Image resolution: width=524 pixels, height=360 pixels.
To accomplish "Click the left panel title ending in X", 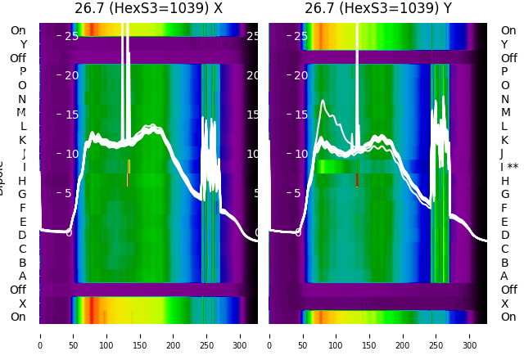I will coord(148,9).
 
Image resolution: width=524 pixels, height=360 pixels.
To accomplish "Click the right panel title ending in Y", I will coord(378,9).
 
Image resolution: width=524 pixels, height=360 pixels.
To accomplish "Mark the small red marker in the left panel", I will coord(128,179).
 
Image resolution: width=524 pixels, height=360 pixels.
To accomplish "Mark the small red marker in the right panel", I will coord(357,179).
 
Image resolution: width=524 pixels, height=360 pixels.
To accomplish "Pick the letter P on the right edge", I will coord(505,71).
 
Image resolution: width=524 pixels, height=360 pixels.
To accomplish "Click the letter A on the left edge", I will coord(22,276).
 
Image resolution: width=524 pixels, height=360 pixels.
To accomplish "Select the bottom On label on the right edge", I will coord(508,317).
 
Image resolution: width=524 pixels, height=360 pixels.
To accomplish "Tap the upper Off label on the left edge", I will coord(18,58).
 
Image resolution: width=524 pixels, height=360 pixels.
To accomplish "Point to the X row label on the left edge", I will coord(23,304).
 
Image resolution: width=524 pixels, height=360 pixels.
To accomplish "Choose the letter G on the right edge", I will coord(505,194).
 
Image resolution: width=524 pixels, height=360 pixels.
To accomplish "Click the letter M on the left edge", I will coord(22,112).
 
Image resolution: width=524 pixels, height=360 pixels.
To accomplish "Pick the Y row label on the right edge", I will coord(504,44).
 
